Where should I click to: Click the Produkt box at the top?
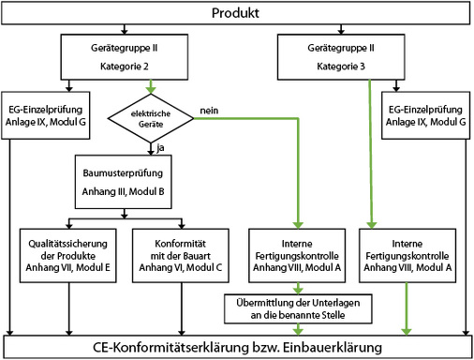click(x=237, y=13)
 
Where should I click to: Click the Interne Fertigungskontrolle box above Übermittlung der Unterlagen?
click(x=298, y=254)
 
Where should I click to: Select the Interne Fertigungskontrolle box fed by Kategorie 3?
click(x=407, y=254)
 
